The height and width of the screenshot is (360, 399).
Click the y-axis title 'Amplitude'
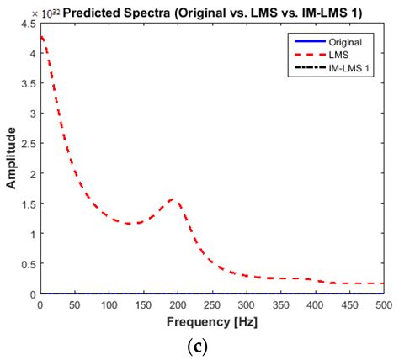point(12,158)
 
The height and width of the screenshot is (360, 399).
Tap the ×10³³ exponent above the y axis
point(50,14)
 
